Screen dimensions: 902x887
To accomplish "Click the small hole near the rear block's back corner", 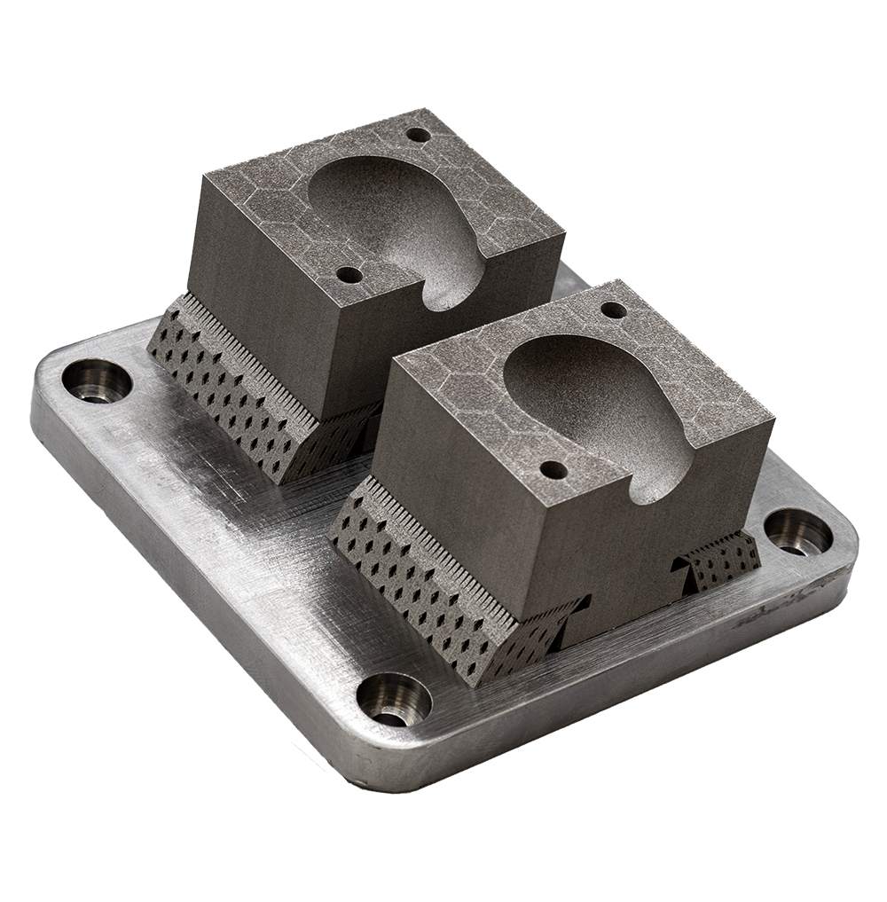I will pos(416,136).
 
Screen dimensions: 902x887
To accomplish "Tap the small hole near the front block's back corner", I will pos(612,310).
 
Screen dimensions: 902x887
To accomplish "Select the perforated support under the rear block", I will pos(231,390).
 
